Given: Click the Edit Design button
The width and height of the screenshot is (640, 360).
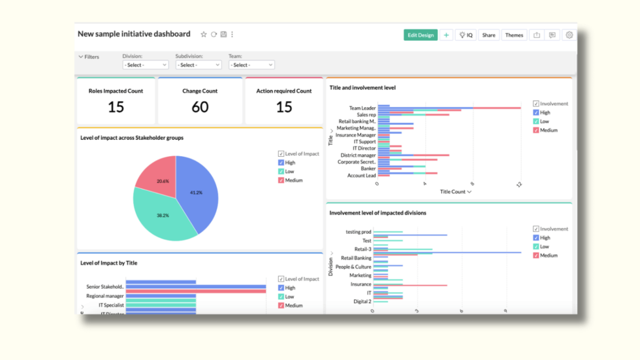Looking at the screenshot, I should [x=420, y=35].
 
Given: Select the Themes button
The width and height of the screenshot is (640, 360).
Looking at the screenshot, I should [x=514, y=35].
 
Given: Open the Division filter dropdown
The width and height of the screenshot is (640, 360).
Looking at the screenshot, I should [x=146, y=65].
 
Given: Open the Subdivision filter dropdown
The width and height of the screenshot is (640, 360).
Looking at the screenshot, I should [x=199, y=65].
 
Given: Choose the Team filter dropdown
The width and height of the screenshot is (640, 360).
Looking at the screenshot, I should [x=251, y=65].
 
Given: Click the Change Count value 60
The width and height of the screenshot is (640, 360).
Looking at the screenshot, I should [x=200, y=107].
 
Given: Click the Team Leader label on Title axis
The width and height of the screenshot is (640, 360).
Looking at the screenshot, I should [x=362, y=108].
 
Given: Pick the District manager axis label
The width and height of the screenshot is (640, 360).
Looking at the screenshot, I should [x=358, y=155].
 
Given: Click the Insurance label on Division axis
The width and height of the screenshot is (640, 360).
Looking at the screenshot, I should [x=360, y=284].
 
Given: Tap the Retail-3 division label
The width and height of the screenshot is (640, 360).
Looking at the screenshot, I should [x=362, y=249].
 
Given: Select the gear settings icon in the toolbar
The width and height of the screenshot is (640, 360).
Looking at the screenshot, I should [x=569, y=35].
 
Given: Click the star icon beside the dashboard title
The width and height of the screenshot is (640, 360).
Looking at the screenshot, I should [x=204, y=35].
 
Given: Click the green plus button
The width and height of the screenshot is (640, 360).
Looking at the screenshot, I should [x=446, y=35].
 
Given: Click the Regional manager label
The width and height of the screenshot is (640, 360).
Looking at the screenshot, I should [x=104, y=296].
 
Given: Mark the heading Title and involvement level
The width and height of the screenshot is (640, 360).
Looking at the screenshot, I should [x=362, y=88].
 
